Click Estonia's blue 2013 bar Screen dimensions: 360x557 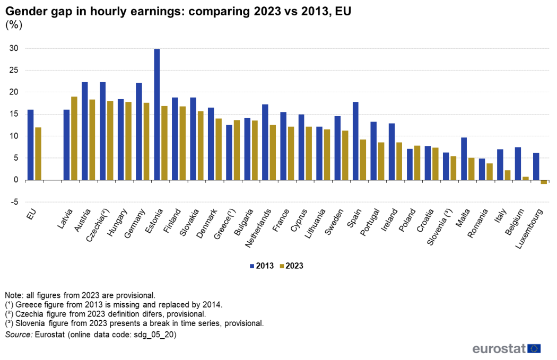click(157, 115)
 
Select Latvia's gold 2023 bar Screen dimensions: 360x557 click(74, 138)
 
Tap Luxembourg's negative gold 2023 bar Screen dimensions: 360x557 click(544, 182)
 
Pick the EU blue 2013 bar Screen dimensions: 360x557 click(30, 145)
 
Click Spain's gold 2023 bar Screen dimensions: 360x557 click(363, 160)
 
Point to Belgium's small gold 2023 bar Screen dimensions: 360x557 click(525, 178)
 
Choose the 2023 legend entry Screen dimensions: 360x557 click(291, 266)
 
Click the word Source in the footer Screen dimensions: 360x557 click(18, 335)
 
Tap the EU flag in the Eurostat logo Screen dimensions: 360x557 click(534, 348)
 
